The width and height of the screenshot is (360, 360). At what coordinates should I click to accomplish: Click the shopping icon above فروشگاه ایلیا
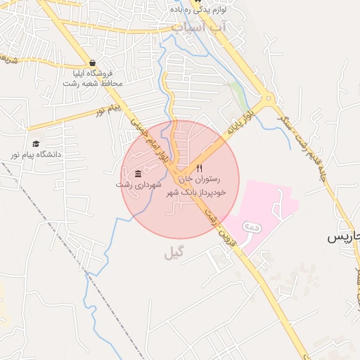point(93,63)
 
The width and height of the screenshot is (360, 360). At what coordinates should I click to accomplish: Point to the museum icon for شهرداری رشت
point(138,174)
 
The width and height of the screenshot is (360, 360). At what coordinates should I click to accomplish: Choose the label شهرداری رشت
point(139,184)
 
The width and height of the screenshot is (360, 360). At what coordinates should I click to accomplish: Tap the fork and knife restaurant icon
point(200,169)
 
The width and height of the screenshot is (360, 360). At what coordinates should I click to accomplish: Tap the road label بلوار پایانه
point(238,124)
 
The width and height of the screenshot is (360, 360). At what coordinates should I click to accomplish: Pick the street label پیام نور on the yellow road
point(110,110)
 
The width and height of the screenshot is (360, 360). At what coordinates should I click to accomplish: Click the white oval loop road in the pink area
point(250,227)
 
